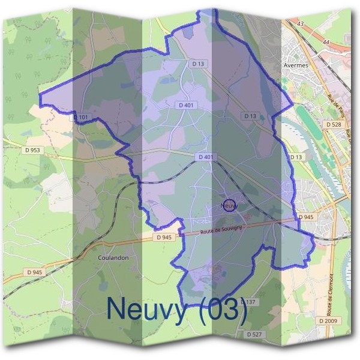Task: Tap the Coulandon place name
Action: click(x=113, y=257)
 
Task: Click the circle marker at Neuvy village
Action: click(x=230, y=205)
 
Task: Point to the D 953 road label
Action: click(x=34, y=150)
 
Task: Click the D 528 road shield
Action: click(x=334, y=124)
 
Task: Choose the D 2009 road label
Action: click(x=328, y=322)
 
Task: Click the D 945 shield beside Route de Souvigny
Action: click(x=164, y=237)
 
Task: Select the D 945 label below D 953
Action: click(x=34, y=272)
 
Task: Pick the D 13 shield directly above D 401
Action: click(x=198, y=63)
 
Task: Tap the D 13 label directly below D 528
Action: click(x=296, y=157)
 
